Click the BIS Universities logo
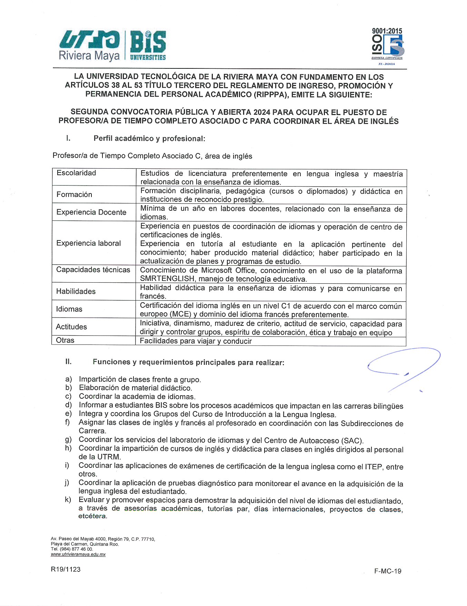point(148,46)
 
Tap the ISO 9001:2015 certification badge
point(387,46)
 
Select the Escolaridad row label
point(76,173)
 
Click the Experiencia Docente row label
point(91,212)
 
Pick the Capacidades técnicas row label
point(93,270)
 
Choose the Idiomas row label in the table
point(69,309)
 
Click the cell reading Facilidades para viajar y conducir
point(196,341)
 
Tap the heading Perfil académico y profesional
point(149,139)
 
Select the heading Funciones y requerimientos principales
point(188,362)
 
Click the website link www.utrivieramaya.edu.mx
point(78,555)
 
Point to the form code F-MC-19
point(388,571)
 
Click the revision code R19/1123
point(66,569)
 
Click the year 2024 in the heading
point(262,112)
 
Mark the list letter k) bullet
point(68,500)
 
